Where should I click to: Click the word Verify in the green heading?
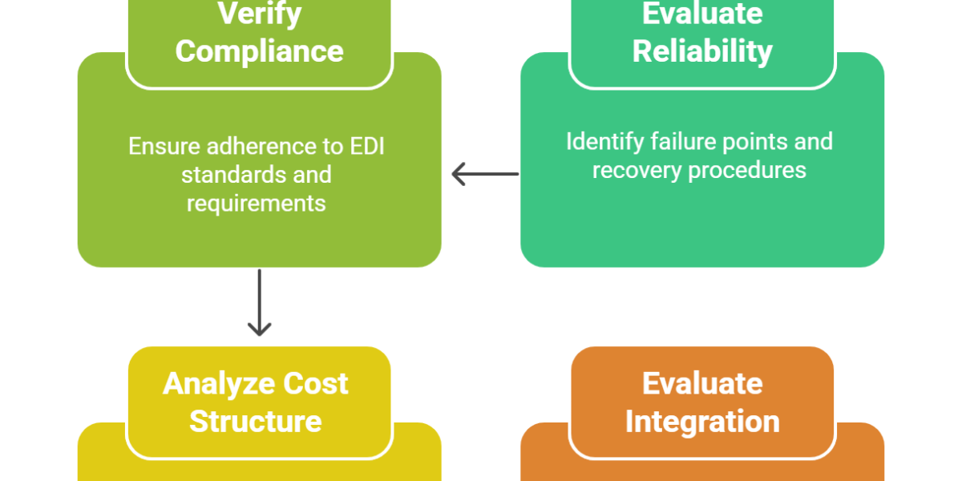point(259,13)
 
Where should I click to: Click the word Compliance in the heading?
point(259,51)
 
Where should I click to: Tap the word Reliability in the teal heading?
point(702,51)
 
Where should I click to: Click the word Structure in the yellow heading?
point(256,421)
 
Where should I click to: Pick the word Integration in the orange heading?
point(702,421)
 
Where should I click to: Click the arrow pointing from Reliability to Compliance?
point(484,173)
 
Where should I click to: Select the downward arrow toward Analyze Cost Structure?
point(259,305)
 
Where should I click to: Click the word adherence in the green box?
point(269,147)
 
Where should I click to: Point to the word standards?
point(225,175)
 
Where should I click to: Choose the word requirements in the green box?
point(257,203)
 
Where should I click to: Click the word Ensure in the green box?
point(163,147)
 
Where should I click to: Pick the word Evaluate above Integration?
point(702,383)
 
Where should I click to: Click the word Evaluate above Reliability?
point(702,13)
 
